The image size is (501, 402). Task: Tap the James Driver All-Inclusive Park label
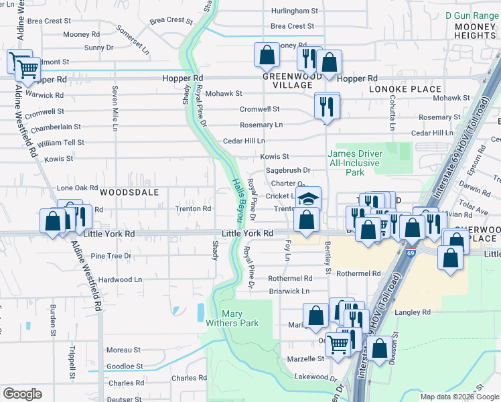[355, 163]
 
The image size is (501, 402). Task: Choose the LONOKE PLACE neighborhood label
[405, 89]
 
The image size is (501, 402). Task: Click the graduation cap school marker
[309, 198]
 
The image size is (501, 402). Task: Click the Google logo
[22, 393]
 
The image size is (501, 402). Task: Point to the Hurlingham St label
[294, 11]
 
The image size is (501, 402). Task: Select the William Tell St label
[61, 143]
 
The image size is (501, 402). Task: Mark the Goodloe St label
[125, 366]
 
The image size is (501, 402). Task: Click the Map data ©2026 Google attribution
[459, 397]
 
